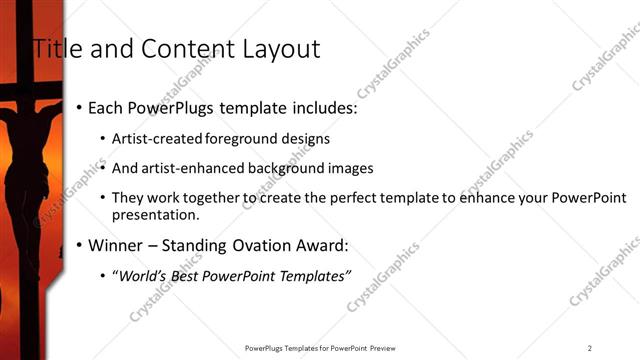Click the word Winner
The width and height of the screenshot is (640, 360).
tap(115, 245)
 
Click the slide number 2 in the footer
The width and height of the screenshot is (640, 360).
tap(590, 348)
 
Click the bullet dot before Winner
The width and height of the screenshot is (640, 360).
tap(78, 246)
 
